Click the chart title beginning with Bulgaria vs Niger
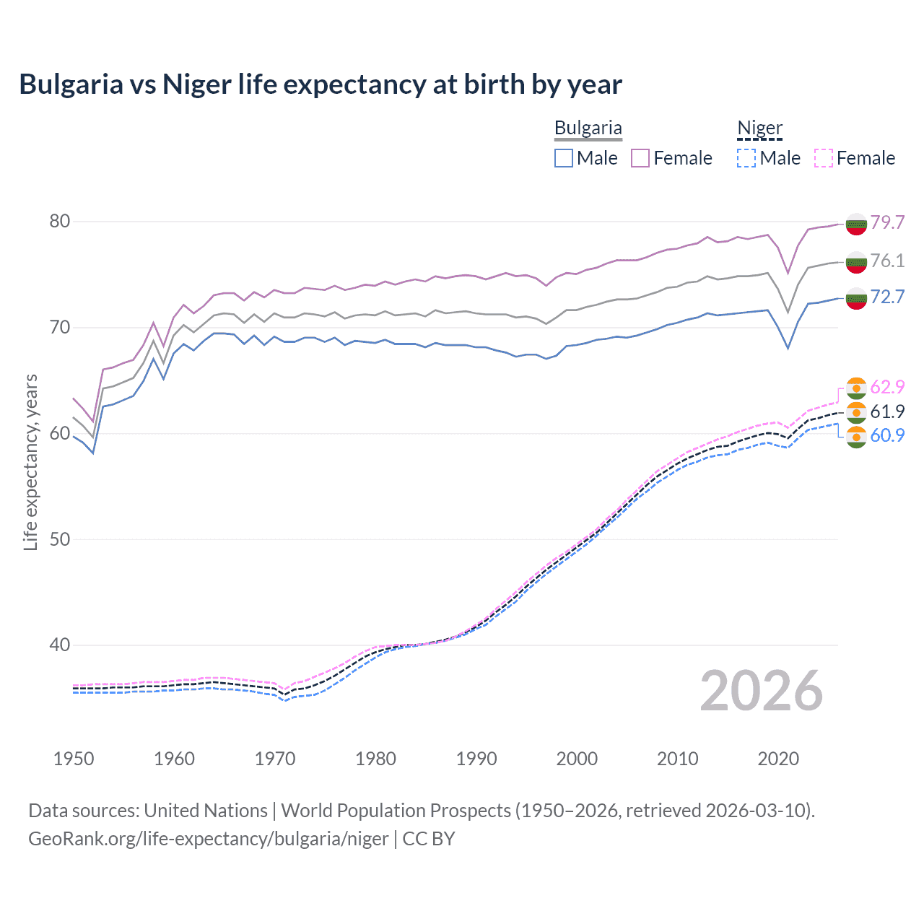coord(321,84)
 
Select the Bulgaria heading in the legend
coord(588,128)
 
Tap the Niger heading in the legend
coord(759,128)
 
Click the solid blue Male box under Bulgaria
coord(564,158)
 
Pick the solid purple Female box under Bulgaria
coord(640,158)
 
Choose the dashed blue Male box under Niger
coord(746,158)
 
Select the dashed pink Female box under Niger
coord(824,158)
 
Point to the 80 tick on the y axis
coord(60,222)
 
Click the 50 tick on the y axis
coord(60,539)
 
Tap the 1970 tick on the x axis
coord(275,759)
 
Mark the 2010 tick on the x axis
coord(677,759)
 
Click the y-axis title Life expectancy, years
coord(30,462)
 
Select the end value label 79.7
coord(887,222)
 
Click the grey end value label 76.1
coord(887,261)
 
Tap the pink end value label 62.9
coord(887,388)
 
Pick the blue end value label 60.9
coord(887,435)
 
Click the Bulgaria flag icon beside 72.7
coord(856,297)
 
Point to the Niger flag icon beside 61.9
coord(856,412)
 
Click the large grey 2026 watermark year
coord(761,691)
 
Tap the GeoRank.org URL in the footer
coord(208,839)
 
